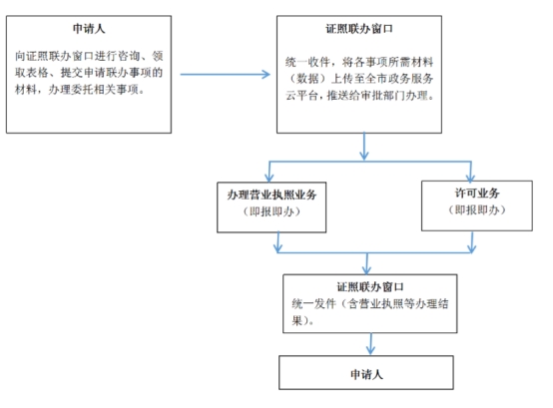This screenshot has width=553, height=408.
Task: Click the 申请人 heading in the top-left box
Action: click(x=89, y=29)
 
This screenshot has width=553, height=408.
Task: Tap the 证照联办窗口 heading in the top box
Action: click(x=359, y=29)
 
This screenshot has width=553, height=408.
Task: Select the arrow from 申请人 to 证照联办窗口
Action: click(x=225, y=75)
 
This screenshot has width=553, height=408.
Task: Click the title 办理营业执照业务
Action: click(x=272, y=195)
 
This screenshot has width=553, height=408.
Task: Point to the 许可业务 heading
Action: click(x=477, y=194)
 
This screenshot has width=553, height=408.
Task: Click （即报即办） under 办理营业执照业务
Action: click(x=272, y=211)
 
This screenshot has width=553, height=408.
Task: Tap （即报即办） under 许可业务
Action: click(x=477, y=210)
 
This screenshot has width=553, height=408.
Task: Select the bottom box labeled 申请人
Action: click(x=366, y=372)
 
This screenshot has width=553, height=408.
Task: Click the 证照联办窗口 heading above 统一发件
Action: click(x=370, y=287)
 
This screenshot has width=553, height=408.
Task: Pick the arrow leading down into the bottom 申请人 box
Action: click(x=370, y=344)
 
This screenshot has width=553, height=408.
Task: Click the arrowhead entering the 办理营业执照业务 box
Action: click(x=270, y=178)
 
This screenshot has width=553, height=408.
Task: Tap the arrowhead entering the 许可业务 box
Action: click(x=470, y=178)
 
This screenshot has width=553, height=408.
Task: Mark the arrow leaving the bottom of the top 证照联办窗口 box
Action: click(x=364, y=147)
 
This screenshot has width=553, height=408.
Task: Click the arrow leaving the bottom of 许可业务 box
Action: click(x=472, y=242)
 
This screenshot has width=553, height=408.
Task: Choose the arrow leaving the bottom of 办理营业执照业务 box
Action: click(x=278, y=242)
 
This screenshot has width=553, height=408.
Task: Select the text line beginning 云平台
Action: click(x=359, y=96)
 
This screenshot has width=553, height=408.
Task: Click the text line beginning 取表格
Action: click(x=89, y=73)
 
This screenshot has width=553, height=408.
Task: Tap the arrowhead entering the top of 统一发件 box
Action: click(x=366, y=270)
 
